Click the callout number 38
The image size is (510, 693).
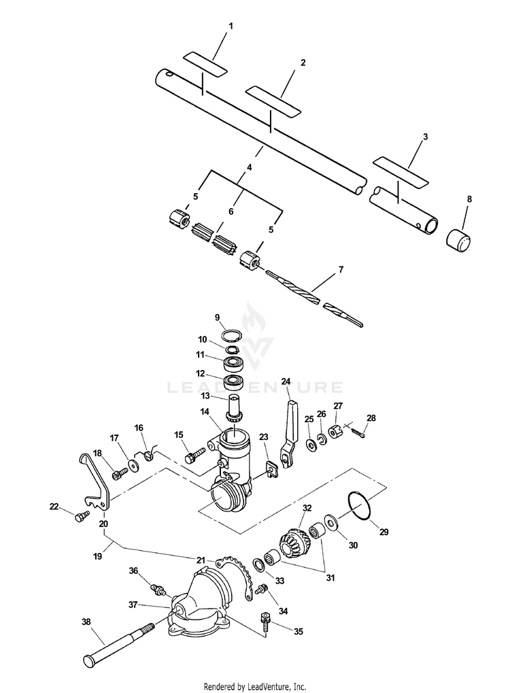86,620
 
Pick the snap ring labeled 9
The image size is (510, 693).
232,337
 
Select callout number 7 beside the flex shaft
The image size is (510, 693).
341,269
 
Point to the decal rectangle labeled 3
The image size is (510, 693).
401,171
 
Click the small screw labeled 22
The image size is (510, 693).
82,517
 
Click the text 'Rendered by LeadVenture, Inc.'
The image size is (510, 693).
255,686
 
